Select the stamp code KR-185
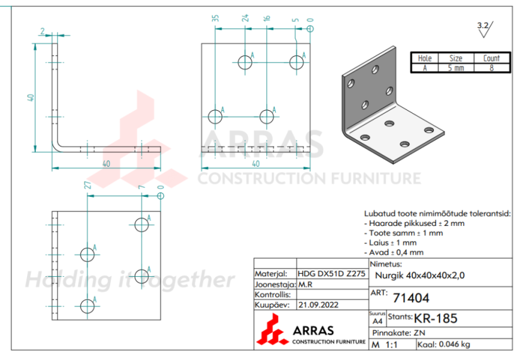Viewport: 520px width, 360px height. click(436, 318)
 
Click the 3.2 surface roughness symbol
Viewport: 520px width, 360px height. click(484, 26)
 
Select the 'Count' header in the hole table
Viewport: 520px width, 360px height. click(491, 58)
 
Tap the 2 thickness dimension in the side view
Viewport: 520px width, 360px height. click(42, 31)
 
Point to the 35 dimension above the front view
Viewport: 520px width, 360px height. click(215, 19)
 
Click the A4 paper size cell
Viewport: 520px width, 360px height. click(376, 320)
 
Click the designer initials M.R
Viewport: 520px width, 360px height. click(306, 284)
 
